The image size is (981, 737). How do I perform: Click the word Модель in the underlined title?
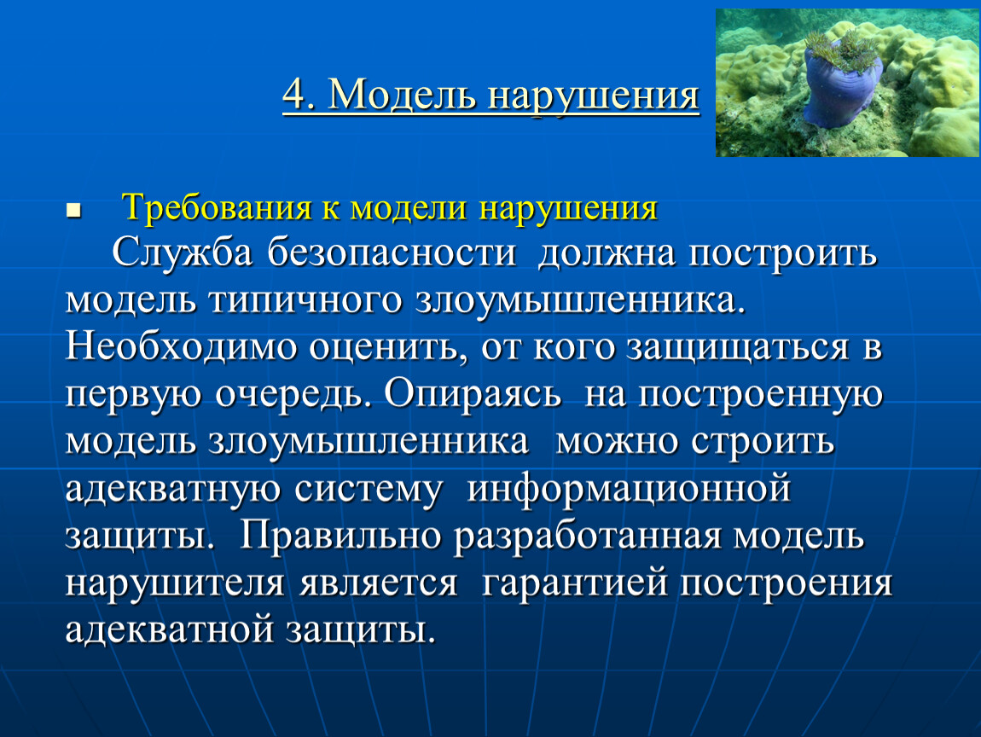tap(403, 96)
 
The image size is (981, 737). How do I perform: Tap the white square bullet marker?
tap(73, 210)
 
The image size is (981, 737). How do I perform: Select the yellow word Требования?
tap(217, 207)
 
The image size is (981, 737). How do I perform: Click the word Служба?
tap(182, 254)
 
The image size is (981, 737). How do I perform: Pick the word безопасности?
tap(392, 254)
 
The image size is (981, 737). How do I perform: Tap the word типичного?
tap(305, 300)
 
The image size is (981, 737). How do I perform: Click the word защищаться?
tap(738, 348)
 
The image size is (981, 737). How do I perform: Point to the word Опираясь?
tap(473, 394)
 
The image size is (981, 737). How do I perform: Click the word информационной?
tap(630, 488)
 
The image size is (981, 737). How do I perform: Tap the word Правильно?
tap(341, 536)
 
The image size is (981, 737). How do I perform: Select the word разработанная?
tap(588, 537)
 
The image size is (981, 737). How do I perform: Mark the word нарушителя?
tap(175, 583)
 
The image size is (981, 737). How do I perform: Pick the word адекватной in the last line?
tap(169, 630)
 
